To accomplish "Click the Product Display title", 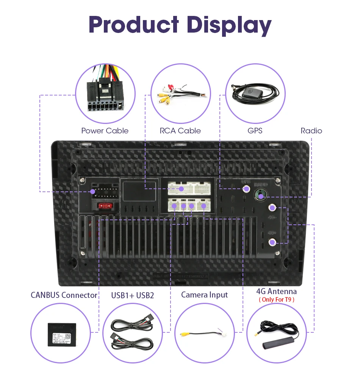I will point(180,25).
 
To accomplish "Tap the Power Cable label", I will point(105,131).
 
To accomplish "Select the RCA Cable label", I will point(180,131).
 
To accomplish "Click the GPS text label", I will point(255,131).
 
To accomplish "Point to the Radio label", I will point(311,131).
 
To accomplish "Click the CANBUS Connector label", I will point(64,295).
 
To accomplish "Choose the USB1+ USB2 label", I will point(133,295).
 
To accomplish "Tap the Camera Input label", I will point(204,294).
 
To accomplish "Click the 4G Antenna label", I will point(276,291).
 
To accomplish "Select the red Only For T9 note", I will point(276,299).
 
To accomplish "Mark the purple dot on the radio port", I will point(260,196).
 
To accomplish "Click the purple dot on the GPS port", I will point(246,188).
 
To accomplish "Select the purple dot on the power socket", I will point(93,192).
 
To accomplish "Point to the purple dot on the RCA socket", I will point(182,188).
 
